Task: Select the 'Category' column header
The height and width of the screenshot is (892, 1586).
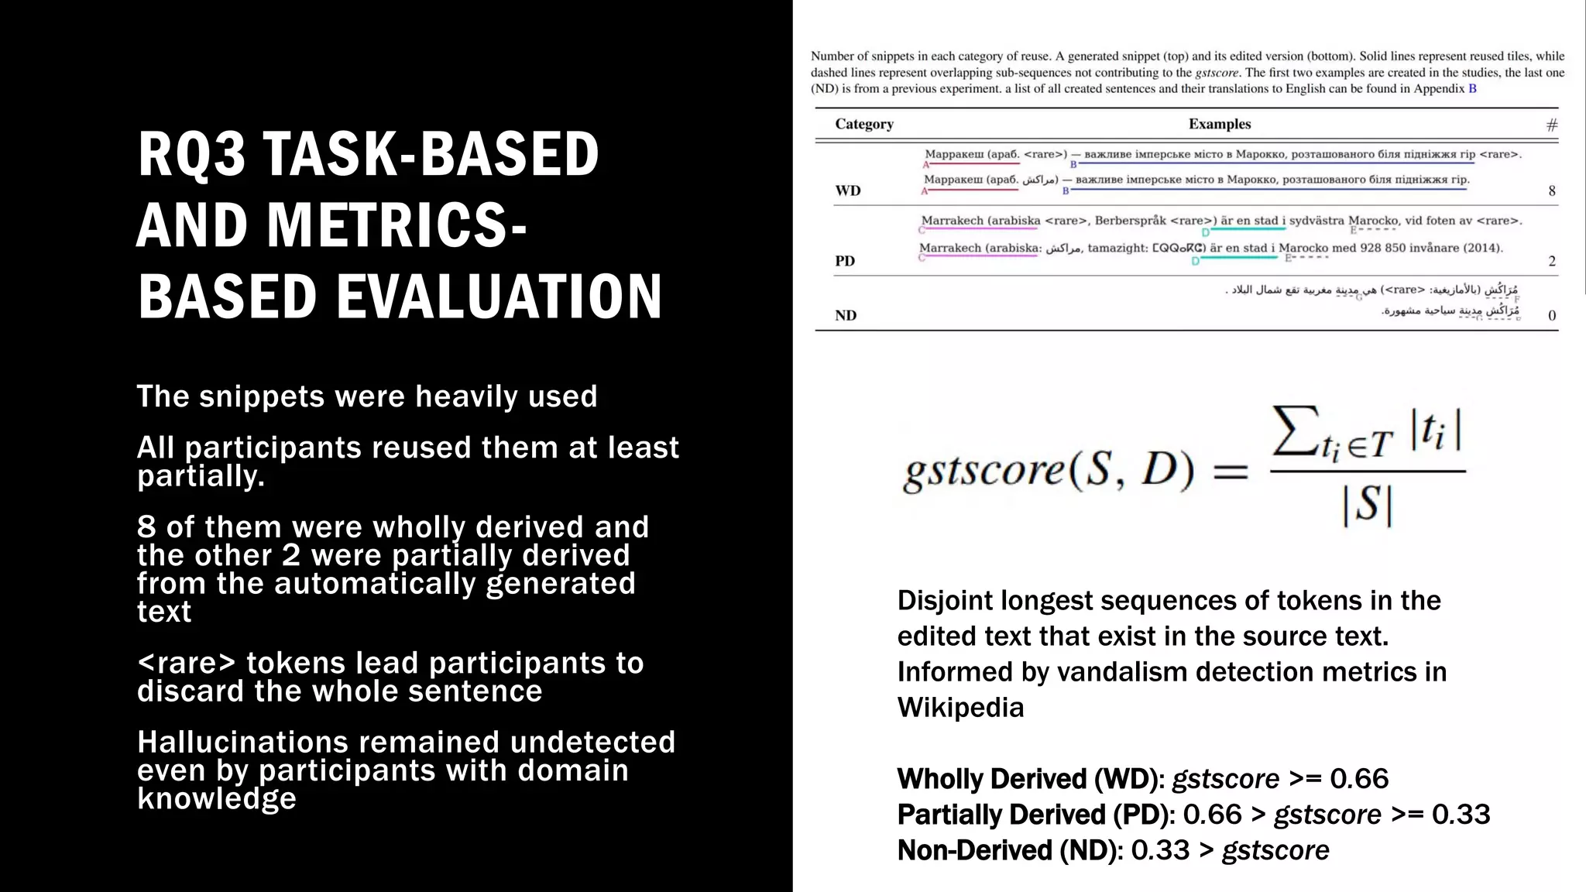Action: pos(863,124)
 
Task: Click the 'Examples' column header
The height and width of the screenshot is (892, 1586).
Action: pos(1220,124)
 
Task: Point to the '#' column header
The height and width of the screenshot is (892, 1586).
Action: pos(1551,125)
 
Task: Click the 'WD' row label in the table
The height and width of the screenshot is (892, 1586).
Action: pos(848,190)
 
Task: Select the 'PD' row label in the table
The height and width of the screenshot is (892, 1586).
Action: pos(845,261)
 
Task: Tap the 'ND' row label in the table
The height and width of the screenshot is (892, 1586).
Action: pos(846,315)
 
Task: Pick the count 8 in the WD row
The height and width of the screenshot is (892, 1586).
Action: pos(1551,190)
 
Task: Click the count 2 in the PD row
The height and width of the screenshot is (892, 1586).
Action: pos(1551,261)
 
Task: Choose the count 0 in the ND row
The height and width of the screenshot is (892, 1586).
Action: pos(1551,315)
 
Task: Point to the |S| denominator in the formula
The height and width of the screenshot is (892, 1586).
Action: pos(1368,506)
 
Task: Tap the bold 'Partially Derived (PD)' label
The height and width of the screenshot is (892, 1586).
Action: pos(1036,815)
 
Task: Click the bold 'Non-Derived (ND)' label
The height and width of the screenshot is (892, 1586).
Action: pos(1010,850)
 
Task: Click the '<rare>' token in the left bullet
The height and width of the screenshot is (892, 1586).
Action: pos(186,664)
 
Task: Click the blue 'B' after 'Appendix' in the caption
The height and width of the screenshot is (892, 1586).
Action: pos(1472,88)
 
